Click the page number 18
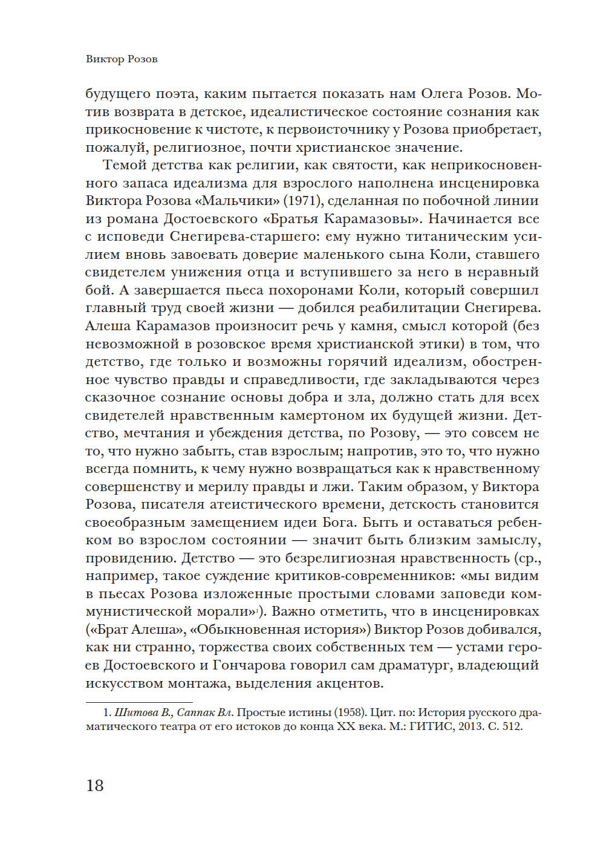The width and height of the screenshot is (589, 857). (95, 785)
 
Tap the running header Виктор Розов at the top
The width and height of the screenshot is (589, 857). (122, 59)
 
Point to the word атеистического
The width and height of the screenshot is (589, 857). (259, 504)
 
